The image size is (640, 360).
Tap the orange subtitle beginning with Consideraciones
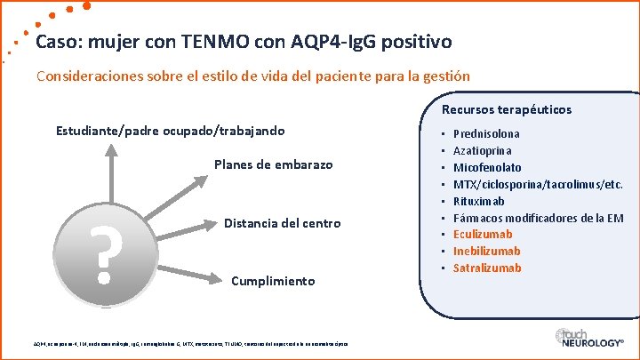tap(252, 76)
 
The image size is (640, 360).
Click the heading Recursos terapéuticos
tap(507, 110)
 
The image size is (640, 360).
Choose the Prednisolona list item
tap(486, 133)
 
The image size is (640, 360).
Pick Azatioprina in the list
tap(484, 150)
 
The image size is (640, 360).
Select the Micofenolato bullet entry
tap(487, 167)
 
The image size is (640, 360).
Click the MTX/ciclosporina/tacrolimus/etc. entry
tap(538, 184)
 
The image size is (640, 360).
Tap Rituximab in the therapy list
tap(481, 201)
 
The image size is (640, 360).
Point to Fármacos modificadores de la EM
tap(538, 218)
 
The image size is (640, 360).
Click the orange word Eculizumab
tap(483, 235)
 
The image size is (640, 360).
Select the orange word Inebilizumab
tap(486, 252)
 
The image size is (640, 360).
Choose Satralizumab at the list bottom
tap(487, 268)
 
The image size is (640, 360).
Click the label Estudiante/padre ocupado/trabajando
tap(170, 131)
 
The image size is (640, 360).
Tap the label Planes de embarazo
tap(273, 164)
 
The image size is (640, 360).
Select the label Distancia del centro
tap(282, 223)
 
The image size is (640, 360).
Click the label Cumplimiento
tap(272, 281)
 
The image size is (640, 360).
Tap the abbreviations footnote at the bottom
tap(190, 344)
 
